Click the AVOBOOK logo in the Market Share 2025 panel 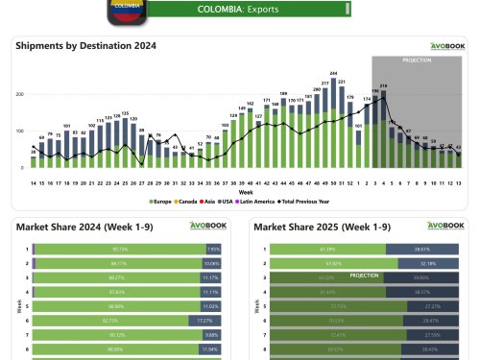tap(445, 226)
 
